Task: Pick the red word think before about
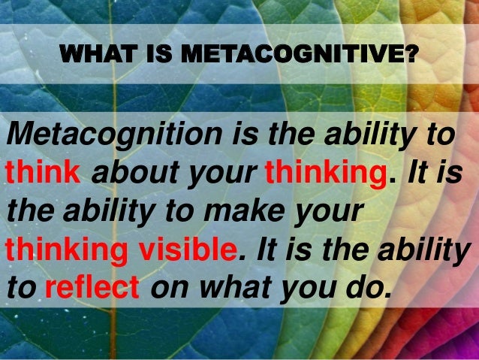pyautogui.click(x=44, y=173)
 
